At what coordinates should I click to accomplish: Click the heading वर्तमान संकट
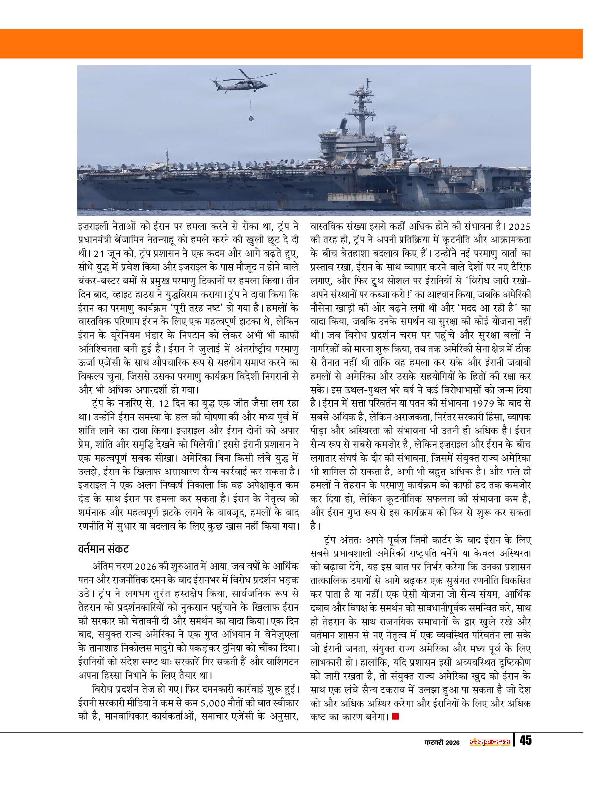pyautogui.click(x=103, y=549)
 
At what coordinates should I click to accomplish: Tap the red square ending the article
pyautogui.click(x=395, y=716)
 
